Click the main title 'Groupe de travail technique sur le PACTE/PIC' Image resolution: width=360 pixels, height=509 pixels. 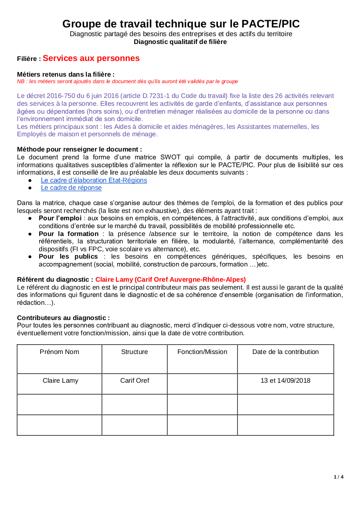[181, 24]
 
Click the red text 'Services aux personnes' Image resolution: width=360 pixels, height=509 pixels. [91, 58]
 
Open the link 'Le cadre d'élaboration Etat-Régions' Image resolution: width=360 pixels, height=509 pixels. [94, 180]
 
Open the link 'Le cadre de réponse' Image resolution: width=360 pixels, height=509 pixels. [71, 188]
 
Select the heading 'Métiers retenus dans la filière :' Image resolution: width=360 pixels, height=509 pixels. [66, 74]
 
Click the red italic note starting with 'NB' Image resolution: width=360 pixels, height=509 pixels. [127, 81]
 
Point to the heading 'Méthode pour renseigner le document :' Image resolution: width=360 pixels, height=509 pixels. [79, 149]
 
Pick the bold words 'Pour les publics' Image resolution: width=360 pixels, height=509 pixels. [68, 256]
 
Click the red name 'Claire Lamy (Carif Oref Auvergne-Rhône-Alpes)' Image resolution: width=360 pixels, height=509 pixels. [170, 280]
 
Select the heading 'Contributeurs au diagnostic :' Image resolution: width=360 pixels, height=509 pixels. [63, 318]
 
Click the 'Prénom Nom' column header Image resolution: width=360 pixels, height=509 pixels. [59, 352]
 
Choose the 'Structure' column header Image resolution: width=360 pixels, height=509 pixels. [135, 352]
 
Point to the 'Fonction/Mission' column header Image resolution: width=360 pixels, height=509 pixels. [202, 352]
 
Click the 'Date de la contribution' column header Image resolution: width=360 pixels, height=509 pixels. [285, 352]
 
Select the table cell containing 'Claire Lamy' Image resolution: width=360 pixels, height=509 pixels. [60, 381]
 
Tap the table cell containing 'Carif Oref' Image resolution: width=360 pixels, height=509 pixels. [135, 381]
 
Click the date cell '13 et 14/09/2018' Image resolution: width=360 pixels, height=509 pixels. [285, 381]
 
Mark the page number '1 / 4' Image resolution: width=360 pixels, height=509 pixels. [339, 477]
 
